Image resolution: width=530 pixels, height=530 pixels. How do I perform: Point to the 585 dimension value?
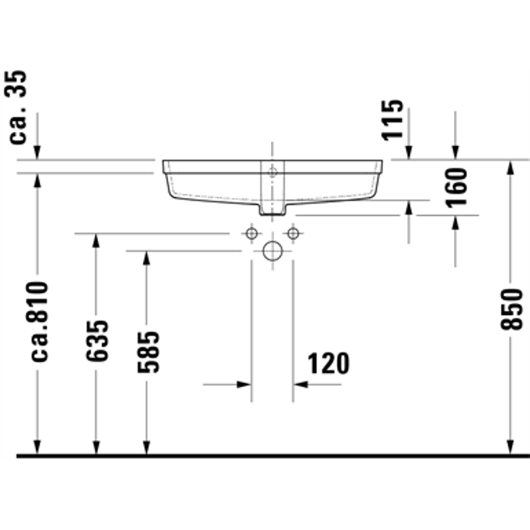[148, 350]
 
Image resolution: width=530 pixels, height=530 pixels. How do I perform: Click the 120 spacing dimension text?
[327, 363]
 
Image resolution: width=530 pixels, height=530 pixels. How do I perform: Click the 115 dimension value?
[393, 120]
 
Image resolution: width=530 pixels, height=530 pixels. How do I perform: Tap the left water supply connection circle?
[251, 233]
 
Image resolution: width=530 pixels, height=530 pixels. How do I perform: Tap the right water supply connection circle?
[293, 233]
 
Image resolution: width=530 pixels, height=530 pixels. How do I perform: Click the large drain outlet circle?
[272, 251]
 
